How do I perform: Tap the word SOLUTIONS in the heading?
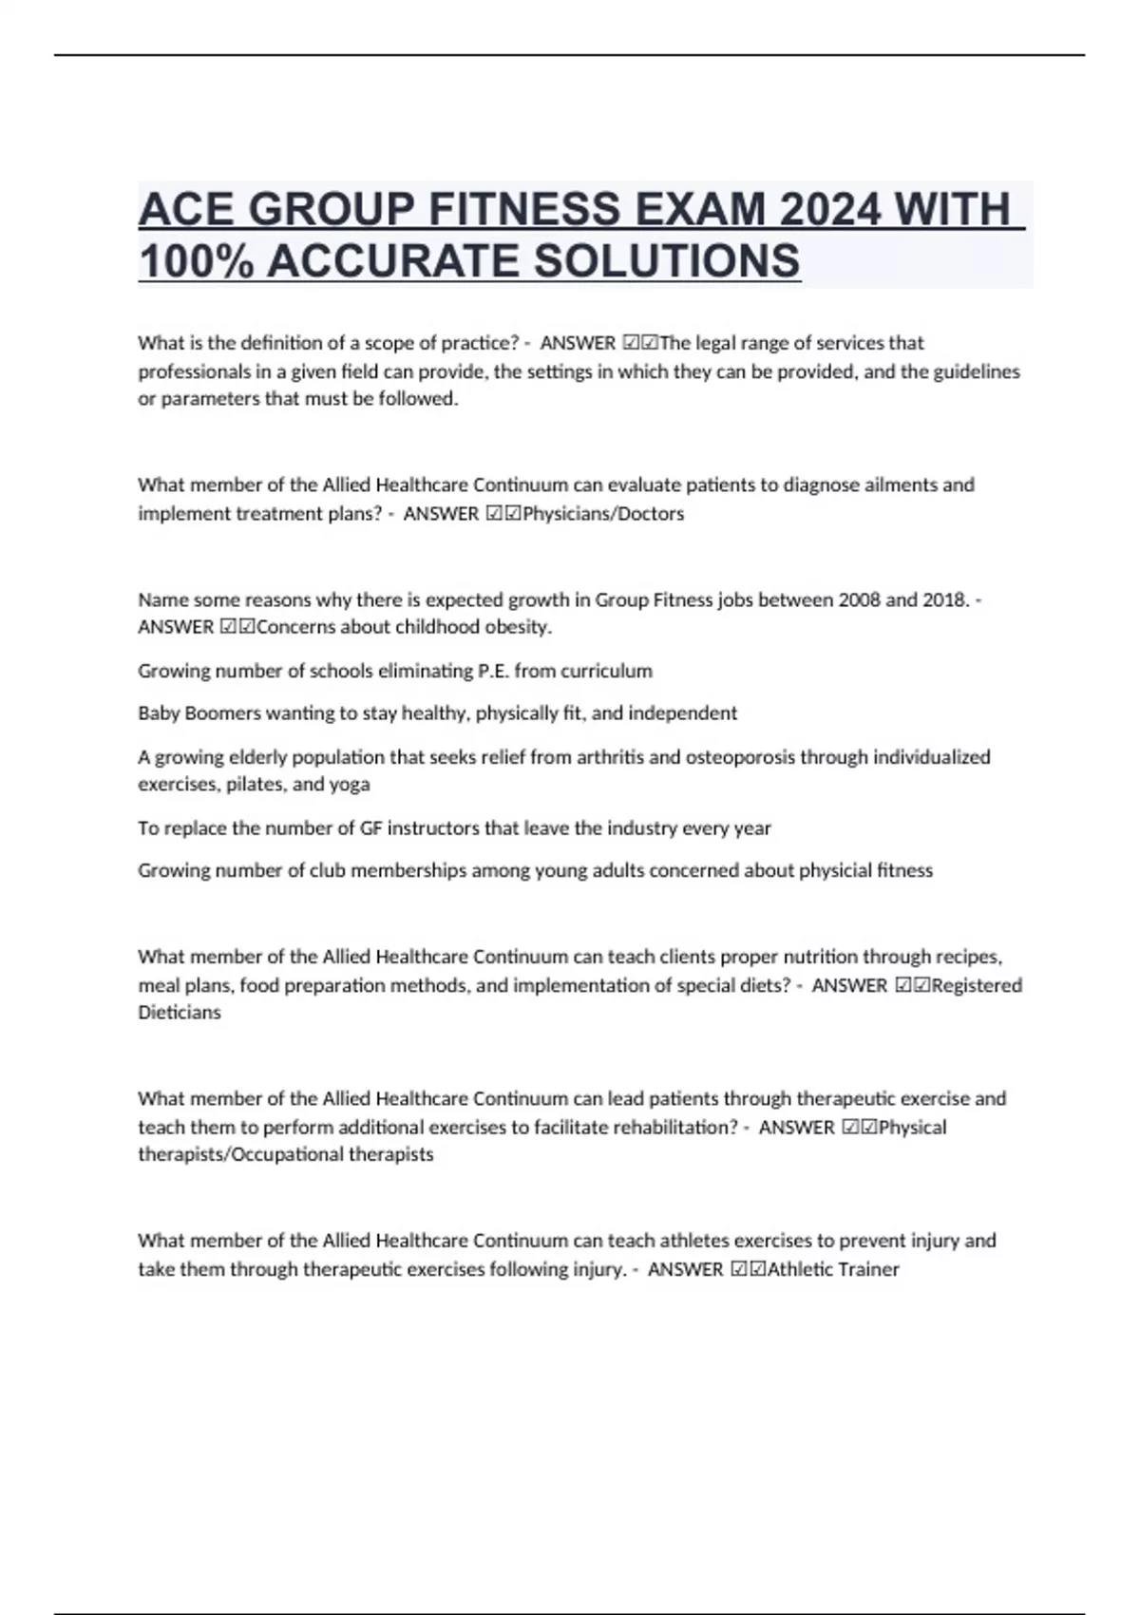tap(667, 261)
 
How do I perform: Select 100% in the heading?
tap(197, 261)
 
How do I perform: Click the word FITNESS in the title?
tap(525, 210)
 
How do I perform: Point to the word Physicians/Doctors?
tap(603, 514)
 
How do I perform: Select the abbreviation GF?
tap(370, 828)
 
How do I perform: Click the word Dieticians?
tap(180, 1013)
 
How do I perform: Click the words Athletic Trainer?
tap(832, 1269)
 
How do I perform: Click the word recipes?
tap(969, 957)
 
